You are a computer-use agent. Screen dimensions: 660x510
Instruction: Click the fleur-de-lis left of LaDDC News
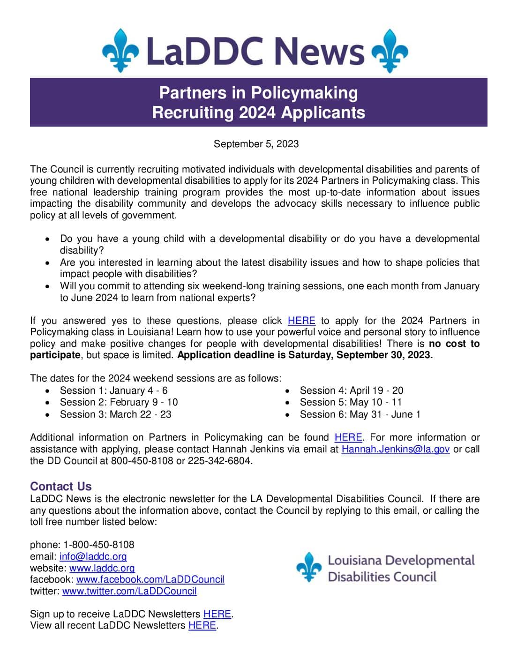[120, 50]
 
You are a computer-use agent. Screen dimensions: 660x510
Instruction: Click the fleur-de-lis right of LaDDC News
[390, 50]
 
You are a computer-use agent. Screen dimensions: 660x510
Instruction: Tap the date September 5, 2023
[256, 144]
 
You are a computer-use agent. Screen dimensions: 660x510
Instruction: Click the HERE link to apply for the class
[301, 321]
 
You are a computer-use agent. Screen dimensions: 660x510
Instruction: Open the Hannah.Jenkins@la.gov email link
[396, 449]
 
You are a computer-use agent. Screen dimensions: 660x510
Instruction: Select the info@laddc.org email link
[93, 556]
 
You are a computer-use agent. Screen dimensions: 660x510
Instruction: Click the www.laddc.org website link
[102, 568]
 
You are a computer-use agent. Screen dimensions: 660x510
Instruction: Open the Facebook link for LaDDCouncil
[150, 579]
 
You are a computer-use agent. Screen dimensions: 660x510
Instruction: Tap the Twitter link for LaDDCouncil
[129, 591]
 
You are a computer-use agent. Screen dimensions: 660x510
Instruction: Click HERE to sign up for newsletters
[217, 614]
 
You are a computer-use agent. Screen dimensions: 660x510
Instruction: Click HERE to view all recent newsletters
[202, 625]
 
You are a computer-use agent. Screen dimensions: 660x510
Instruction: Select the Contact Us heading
[61, 486]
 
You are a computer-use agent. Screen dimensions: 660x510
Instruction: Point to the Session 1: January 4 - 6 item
[113, 390]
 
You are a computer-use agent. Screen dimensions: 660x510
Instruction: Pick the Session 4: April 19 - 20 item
[352, 390]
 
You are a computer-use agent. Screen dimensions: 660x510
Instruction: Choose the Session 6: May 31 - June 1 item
[360, 414]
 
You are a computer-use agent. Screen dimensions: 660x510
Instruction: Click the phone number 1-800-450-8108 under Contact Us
[99, 545]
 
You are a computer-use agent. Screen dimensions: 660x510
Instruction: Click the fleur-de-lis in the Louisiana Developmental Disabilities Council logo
[309, 567]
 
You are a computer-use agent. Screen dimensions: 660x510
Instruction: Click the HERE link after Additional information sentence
[348, 437]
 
